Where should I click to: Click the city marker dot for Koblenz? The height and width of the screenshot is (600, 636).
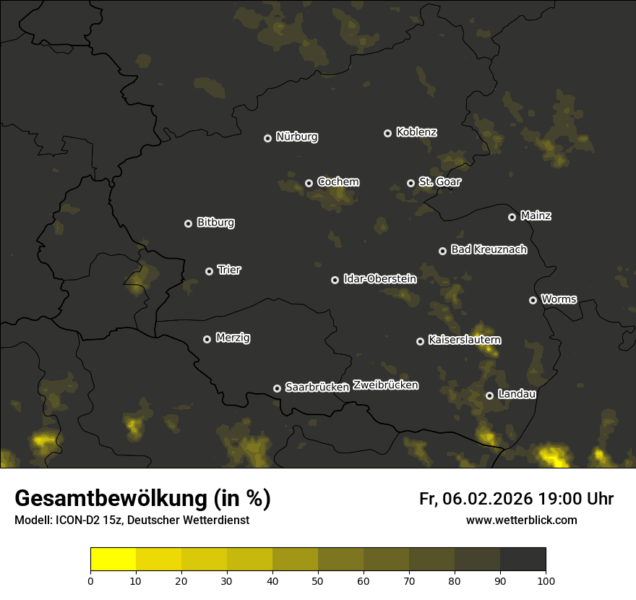click(x=387, y=133)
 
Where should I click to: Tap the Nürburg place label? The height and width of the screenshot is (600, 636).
click(x=296, y=137)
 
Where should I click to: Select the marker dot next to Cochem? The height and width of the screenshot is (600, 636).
click(x=309, y=183)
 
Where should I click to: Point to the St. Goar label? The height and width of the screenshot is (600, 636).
click(x=439, y=181)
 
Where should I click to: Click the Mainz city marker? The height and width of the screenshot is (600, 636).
click(x=512, y=217)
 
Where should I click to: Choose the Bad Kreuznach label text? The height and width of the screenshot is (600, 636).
click(x=489, y=249)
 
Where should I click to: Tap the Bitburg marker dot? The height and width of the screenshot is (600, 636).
click(x=188, y=223)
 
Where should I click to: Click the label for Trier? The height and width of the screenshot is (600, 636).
click(x=228, y=270)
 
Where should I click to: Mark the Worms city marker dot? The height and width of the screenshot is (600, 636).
click(x=533, y=300)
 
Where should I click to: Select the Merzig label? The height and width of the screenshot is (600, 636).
click(x=232, y=338)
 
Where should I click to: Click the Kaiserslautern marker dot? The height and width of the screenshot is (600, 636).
click(x=420, y=341)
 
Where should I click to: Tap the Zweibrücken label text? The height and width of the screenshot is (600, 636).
click(x=385, y=385)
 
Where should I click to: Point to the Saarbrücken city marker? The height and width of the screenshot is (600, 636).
click(x=277, y=388)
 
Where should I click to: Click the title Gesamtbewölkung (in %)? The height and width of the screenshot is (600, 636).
click(x=142, y=499)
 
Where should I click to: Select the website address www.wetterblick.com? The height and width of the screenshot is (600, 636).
click(x=521, y=520)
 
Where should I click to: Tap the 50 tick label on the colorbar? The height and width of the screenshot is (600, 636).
click(x=318, y=580)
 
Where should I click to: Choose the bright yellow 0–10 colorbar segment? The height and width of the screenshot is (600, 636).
click(x=113, y=560)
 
